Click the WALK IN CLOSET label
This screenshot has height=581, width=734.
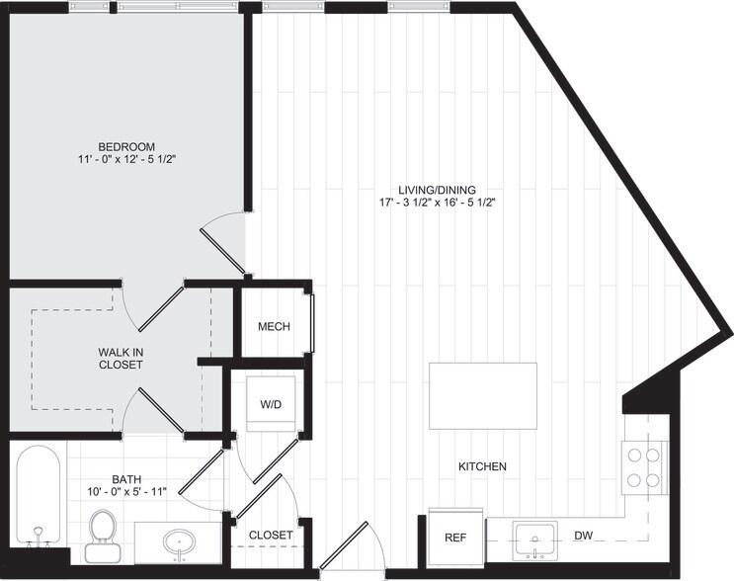(121, 358)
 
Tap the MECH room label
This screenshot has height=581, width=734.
(274, 327)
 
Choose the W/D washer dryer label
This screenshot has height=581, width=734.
(271, 403)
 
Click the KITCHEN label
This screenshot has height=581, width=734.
(482, 466)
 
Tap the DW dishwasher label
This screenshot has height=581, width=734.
(583, 537)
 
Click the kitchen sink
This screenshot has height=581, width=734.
(534, 540)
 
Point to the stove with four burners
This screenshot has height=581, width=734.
(645, 466)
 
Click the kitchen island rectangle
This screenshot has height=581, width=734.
(483, 396)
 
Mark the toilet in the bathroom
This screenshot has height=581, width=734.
(102, 533)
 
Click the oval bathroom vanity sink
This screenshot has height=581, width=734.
(180, 540)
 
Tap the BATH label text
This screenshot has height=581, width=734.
(124, 476)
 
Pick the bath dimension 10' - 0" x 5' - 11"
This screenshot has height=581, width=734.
(124, 490)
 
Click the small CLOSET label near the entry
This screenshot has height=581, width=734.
(270, 536)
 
